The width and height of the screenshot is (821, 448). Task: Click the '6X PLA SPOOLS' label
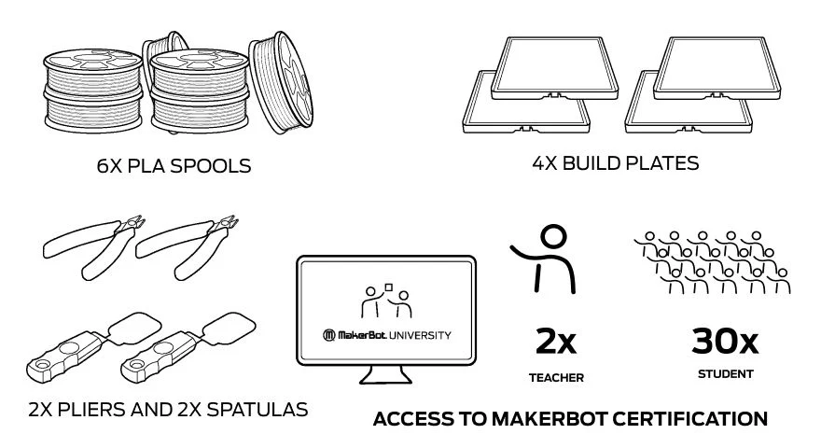point(174,166)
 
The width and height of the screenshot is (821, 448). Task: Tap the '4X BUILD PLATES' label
point(615,163)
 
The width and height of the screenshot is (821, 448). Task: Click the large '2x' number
point(555,342)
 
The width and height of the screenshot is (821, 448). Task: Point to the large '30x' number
point(725,342)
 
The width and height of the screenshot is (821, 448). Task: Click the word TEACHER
point(555,378)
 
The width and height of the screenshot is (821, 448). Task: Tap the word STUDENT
point(725,375)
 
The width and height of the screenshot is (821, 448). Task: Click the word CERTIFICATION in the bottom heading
point(688,419)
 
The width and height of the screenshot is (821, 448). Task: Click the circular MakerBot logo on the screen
point(328,335)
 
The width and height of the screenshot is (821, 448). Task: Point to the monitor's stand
point(385,374)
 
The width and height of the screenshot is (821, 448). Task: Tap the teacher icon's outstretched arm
point(525,252)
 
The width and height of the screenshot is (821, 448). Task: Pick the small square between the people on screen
point(388,286)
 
